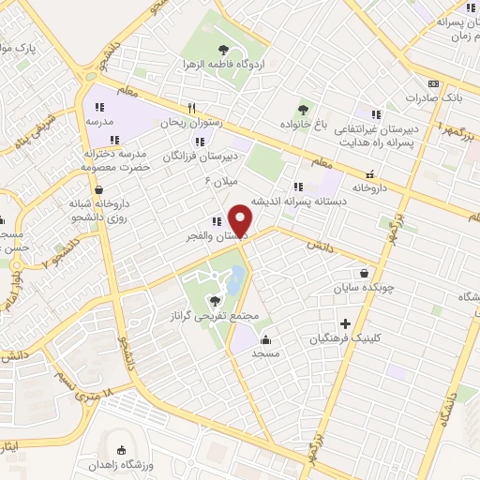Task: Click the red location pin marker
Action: click(243, 219)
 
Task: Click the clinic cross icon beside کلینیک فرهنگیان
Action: click(345, 322)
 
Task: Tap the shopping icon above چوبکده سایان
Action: click(363, 276)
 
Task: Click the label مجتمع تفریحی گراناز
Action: click(215, 318)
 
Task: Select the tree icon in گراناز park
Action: click(216, 301)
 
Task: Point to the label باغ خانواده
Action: click(302, 124)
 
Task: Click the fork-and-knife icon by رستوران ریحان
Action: click(191, 107)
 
